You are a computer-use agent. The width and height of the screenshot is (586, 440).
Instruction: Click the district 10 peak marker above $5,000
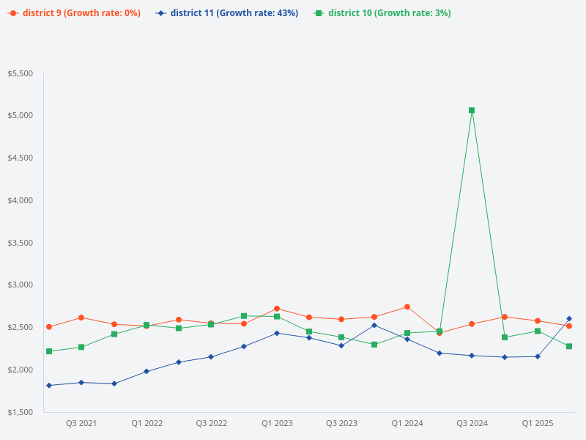472,110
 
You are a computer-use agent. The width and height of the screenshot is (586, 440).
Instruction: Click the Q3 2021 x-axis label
81,423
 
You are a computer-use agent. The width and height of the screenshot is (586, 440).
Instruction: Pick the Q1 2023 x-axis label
277,423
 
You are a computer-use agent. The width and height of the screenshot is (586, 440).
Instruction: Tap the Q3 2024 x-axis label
472,423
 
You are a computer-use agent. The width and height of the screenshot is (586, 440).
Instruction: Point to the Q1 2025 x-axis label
537,423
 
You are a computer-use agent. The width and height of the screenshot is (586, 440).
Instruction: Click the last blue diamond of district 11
569,319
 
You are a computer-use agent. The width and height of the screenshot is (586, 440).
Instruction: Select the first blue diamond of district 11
49,385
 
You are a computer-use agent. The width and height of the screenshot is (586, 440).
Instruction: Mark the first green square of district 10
49,351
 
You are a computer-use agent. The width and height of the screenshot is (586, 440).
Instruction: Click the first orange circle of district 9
49,327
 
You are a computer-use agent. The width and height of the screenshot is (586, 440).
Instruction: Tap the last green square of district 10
569,346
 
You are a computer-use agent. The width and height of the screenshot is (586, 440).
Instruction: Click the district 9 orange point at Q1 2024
407,307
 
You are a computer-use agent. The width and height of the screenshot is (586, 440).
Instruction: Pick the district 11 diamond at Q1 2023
277,333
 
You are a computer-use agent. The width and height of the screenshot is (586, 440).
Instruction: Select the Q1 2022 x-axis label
146,423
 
